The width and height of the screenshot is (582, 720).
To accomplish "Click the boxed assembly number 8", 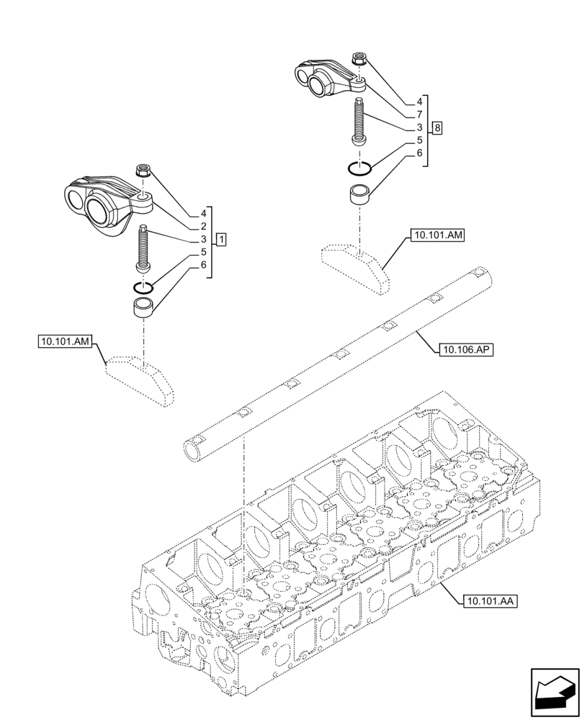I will (x=438, y=127).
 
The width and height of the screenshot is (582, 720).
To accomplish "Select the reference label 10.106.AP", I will (x=465, y=350).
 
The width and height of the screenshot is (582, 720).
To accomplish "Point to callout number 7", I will (x=418, y=114).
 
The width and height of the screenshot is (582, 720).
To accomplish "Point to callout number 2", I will (x=204, y=226).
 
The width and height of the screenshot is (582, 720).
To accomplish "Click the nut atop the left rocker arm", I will (x=143, y=171).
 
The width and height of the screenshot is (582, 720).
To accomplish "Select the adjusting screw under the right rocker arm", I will (x=359, y=121).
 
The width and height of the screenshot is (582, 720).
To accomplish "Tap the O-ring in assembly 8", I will (x=359, y=168).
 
